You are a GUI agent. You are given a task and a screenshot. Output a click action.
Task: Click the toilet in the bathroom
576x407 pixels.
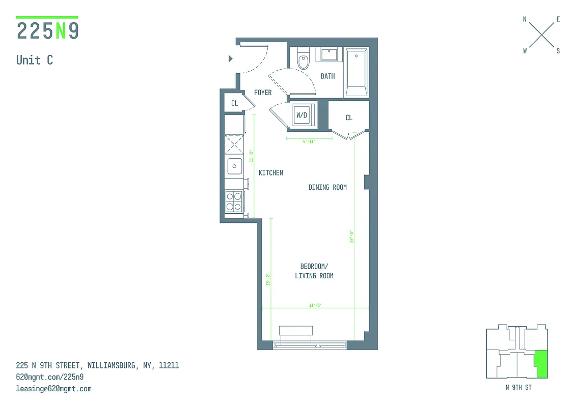tap(304, 59)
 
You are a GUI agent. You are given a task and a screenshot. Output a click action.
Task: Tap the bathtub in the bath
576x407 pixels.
tap(356, 72)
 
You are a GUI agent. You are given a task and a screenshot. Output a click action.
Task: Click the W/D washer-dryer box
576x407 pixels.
tap(302, 115)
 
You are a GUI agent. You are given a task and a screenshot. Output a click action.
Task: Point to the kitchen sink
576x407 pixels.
tap(234, 165)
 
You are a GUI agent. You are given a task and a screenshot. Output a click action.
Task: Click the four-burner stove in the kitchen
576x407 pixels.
tap(234, 201)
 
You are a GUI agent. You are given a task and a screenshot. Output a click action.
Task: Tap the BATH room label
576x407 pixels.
tap(328, 76)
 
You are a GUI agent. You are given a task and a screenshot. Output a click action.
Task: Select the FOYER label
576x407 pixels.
tap(263, 93)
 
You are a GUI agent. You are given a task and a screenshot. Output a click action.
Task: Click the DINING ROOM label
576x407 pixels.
tap(327, 187)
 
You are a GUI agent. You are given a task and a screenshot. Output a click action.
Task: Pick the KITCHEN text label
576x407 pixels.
tap(271, 173)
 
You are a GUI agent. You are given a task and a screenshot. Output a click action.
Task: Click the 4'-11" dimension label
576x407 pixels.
tap(309, 142)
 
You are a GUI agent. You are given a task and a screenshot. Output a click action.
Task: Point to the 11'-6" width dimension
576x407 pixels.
tap(315, 305)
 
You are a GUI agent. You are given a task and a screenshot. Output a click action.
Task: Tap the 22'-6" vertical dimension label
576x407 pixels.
tap(351, 237)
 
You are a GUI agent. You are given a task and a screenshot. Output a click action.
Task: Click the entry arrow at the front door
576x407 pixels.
tap(231, 59)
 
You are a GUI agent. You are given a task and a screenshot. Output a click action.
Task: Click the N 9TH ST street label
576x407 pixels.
tap(517, 388)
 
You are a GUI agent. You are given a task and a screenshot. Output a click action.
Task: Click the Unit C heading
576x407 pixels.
tap(35, 60)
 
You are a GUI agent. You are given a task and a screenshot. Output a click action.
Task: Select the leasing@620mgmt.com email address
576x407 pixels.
tap(54, 389)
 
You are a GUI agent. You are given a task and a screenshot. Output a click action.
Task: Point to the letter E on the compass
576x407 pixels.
tap(558, 19)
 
